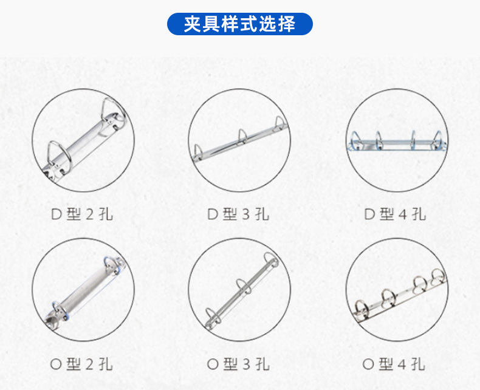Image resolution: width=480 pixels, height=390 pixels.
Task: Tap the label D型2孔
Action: [x=82, y=214]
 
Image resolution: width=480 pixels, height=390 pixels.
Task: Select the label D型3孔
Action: [x=239, y=214]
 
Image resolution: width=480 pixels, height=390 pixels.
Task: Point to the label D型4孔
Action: [x=396, y=214]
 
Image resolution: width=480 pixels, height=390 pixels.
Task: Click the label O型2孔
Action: [x=82, y=364]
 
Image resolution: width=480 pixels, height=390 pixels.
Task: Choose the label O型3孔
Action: [x=239, y=364]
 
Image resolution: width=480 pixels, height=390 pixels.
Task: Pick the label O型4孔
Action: [x=396, y=364]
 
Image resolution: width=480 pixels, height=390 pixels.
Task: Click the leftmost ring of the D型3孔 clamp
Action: [x=199, y=151]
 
